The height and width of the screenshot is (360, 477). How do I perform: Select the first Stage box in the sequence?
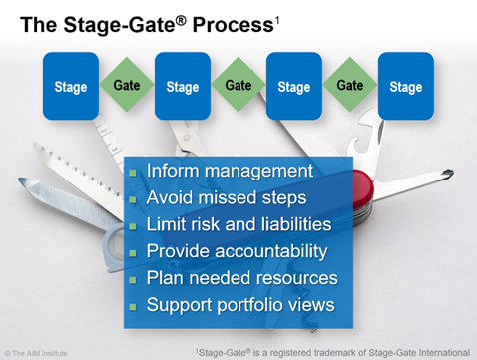(70, 87)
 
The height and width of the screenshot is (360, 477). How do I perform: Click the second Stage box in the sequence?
(182, 87)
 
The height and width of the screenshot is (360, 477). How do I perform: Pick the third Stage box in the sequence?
(293, 87)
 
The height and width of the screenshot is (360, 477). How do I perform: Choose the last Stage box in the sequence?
(405, 87)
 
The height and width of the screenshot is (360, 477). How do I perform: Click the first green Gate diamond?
(126, 86)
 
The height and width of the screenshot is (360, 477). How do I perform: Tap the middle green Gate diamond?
(238, 86)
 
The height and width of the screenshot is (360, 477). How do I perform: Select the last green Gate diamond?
(349, 86)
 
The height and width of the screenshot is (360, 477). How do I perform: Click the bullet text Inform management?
(230, 172)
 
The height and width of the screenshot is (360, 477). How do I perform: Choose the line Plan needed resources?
(241, 278)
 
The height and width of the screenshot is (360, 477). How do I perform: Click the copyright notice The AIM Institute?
(41, 352)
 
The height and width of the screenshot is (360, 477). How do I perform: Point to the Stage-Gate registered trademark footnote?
(330, 351)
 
